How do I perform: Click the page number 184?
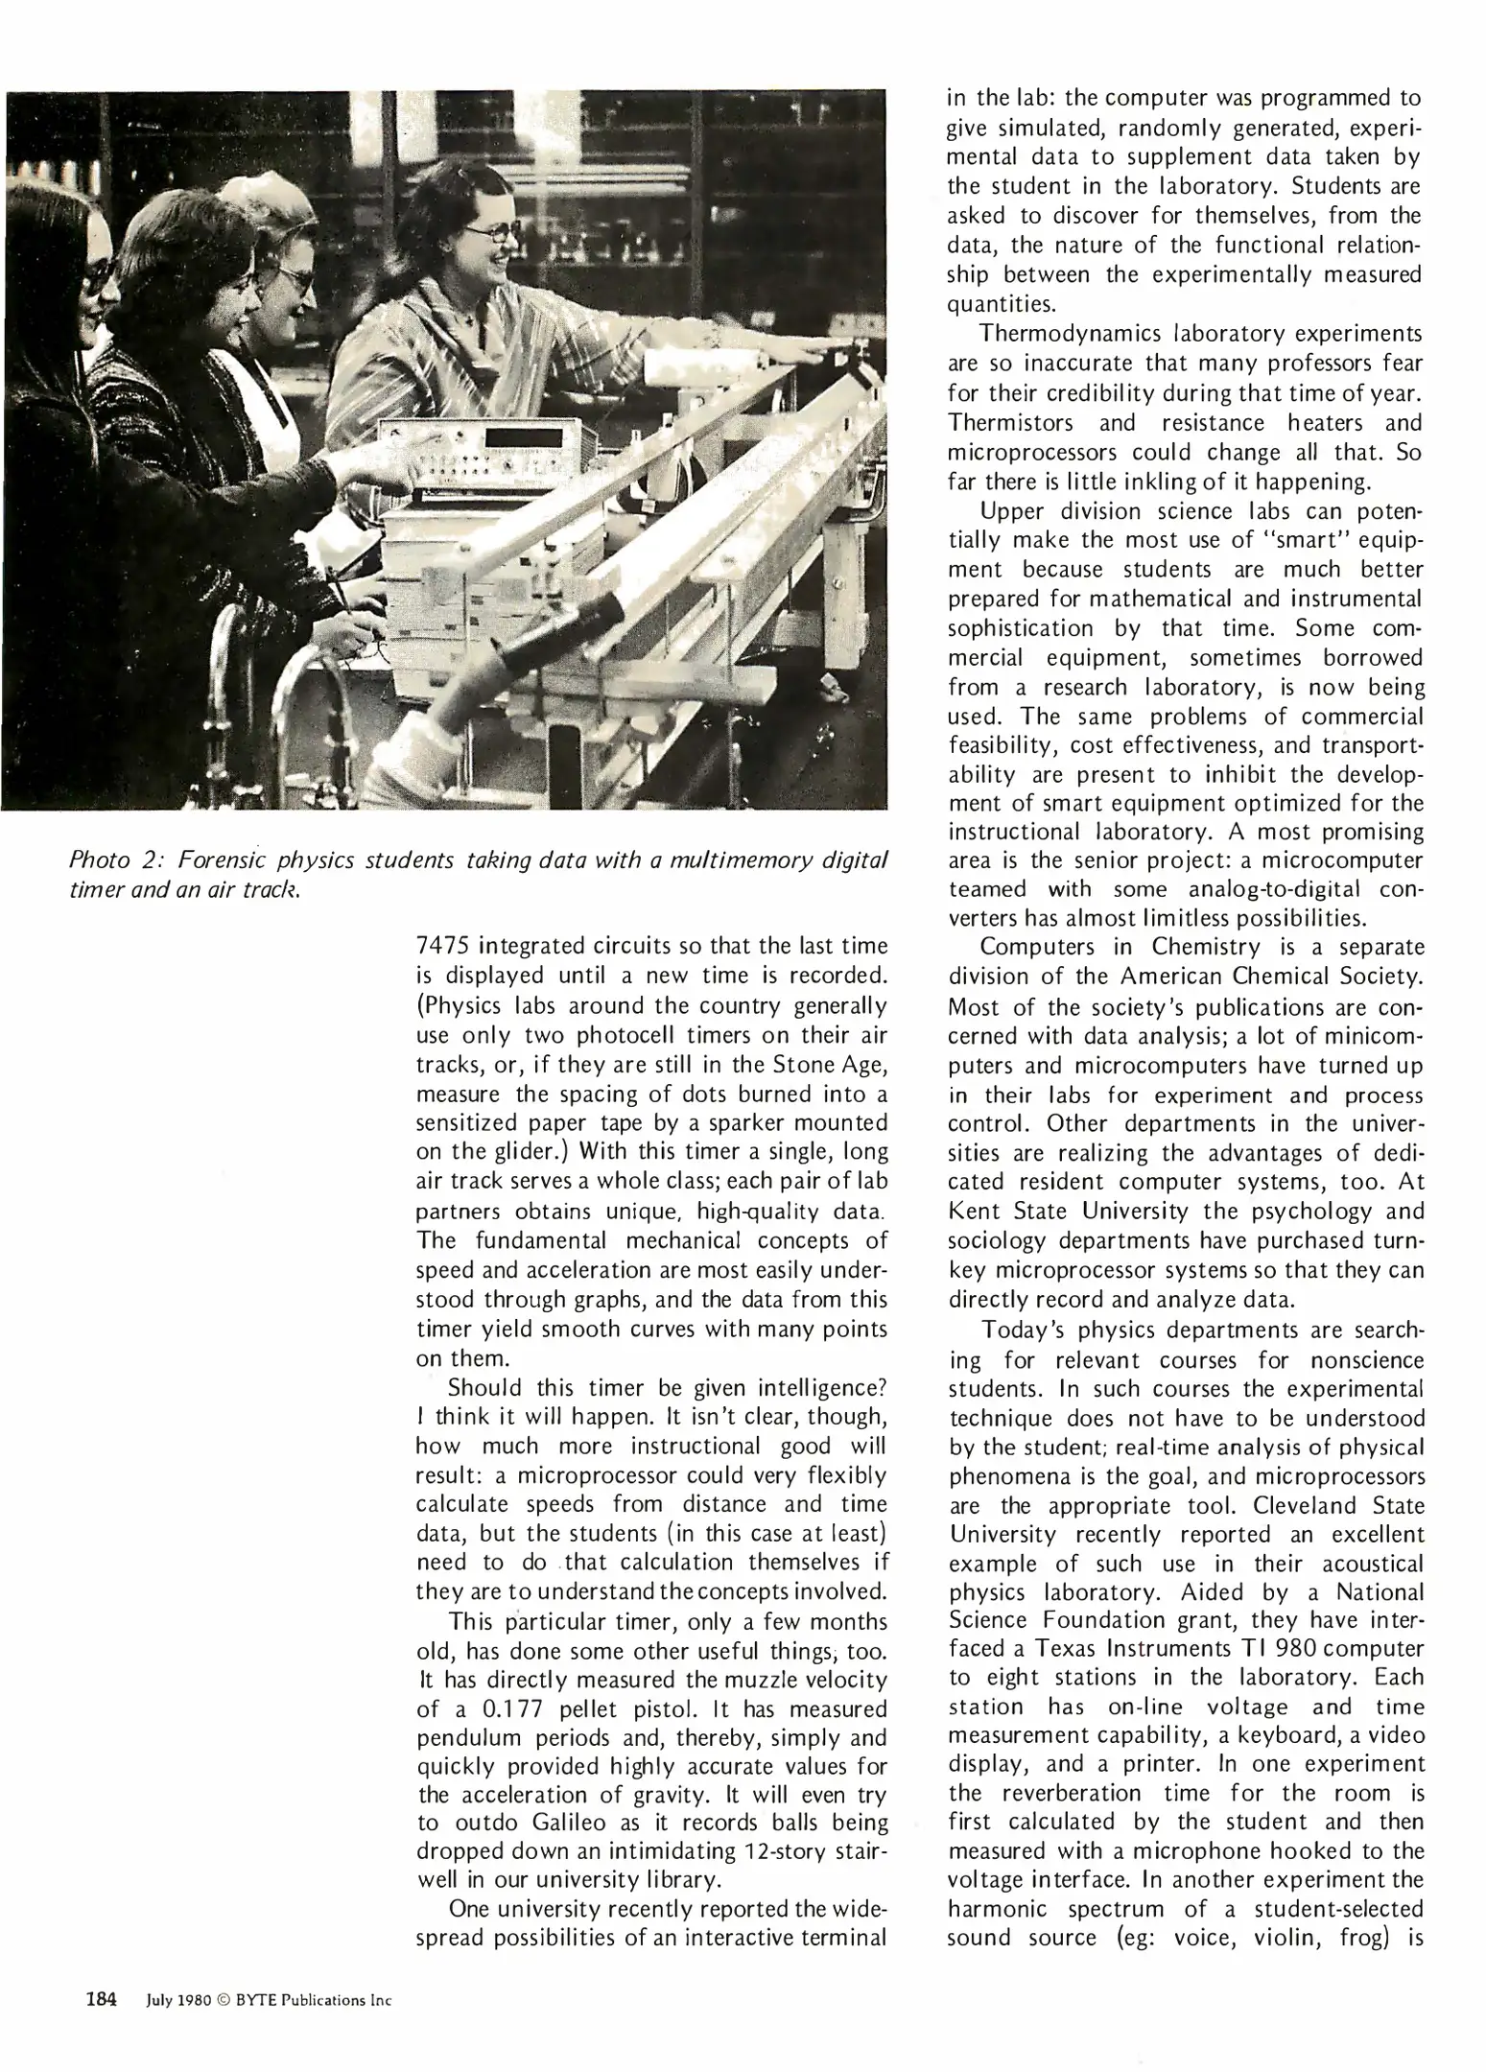101,1999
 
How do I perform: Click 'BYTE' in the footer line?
255,2000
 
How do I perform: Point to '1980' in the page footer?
194,2000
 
